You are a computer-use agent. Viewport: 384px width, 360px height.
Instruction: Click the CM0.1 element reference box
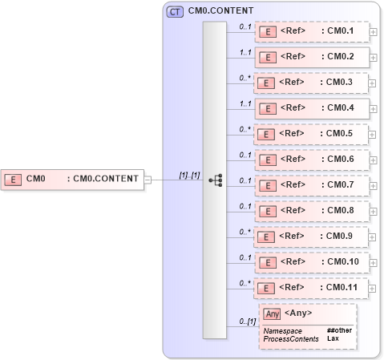click(x=312, y=32)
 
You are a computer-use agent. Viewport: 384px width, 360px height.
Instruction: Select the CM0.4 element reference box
click(x=312, y=108)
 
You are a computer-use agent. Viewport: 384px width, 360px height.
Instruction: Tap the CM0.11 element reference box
click(x=312, y=288)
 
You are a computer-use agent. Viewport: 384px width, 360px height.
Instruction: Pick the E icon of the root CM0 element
click(x=13, y=180)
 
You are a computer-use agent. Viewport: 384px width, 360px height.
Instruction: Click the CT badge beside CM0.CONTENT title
click(x=174, y=12)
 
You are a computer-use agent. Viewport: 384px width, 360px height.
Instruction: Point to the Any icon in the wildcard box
click(x=272, y=314)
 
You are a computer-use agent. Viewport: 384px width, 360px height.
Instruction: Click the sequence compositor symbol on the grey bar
click(x=215, y=180)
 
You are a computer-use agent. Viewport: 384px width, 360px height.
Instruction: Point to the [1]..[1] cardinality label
click(x=190, y=175)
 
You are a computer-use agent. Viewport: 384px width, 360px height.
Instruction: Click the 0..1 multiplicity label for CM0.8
click(x=245, y=206)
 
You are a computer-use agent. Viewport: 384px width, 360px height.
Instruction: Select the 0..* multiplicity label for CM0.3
click(x=245, y=78)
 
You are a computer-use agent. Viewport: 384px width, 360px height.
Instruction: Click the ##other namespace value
click(x=339, y=330)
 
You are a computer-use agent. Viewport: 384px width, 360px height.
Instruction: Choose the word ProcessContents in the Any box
click(x=290, y=339)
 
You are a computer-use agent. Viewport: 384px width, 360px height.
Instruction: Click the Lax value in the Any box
click(x=332, y=339)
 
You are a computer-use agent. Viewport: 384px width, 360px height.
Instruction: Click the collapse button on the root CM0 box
click(x=148, y=180)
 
